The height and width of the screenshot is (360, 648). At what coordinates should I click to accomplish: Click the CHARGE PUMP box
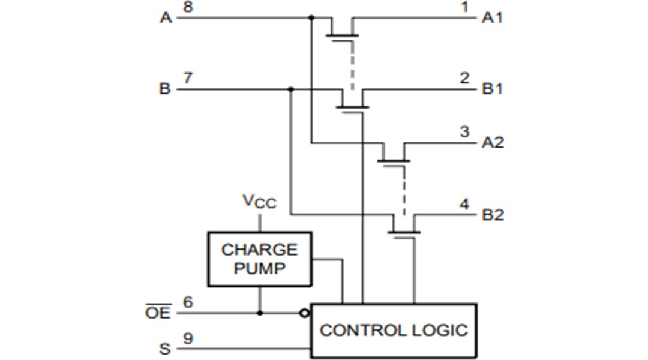[260, 259]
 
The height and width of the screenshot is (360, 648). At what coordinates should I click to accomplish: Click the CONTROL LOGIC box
[393, 330]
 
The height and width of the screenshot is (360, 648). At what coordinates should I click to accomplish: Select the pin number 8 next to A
[188, 8]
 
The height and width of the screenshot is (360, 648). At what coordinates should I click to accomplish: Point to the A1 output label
[493, 17]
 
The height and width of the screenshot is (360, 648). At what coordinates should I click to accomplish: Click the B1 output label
[493, 89]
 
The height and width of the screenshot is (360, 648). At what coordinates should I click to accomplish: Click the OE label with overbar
[159, 313]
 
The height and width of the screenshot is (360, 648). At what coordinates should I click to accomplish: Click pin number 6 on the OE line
[188, 303]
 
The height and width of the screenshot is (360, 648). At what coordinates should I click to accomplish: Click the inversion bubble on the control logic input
[305, 313]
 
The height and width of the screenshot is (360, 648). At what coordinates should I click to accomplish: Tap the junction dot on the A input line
[311, 17]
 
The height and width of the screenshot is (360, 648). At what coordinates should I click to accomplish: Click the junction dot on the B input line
[291, 89]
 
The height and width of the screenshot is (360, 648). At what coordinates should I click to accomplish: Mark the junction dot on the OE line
[259, 313]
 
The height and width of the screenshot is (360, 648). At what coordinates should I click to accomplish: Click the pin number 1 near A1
[464, 8]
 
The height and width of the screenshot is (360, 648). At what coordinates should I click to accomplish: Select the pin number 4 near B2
[464, 205]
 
